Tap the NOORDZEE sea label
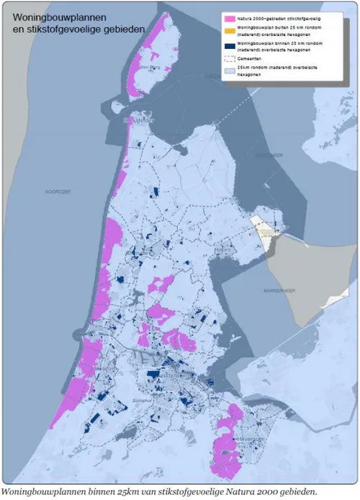pyautogui.click(x=57, y=192)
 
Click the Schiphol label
pyautogui.click(x=140, y=401)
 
